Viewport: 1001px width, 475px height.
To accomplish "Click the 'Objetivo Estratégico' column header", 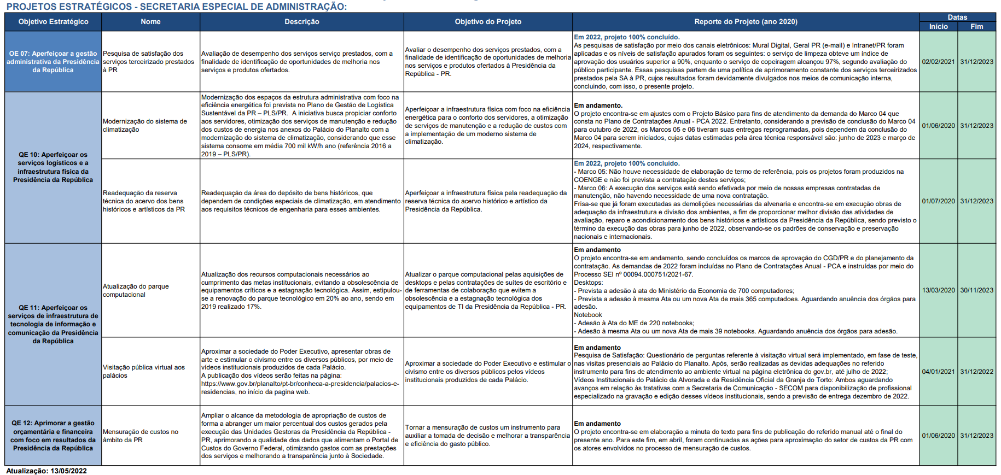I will (53, 22).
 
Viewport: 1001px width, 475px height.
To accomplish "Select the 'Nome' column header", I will (150, 22).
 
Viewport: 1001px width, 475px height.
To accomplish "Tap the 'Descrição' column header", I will (301, 22).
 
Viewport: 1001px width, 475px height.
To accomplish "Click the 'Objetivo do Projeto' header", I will (488, 22).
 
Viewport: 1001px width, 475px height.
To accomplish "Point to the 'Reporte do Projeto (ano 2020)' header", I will (746, 22).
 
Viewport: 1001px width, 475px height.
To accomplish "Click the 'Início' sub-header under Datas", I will (938, 26).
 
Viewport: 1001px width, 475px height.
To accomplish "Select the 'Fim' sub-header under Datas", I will (976, 26).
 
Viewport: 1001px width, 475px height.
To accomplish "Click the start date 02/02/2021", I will (938, 62).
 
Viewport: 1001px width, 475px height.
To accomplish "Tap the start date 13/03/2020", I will (938, 290).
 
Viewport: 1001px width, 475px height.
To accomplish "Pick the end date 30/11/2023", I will (976, 290).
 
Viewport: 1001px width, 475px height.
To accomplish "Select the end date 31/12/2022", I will (976, 372).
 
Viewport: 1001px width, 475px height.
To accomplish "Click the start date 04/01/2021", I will (938, 372).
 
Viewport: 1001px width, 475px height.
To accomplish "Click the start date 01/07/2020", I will (938, 201).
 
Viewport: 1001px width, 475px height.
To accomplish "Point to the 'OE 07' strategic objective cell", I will (53, 62).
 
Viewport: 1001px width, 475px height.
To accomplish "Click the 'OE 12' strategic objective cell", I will (53, 436).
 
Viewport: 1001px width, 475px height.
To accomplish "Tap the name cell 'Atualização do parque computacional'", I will (136, 290).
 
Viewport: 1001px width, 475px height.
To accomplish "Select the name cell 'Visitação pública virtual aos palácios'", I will (143, 372).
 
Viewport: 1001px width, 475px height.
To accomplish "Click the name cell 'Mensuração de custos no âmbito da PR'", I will (140, 436).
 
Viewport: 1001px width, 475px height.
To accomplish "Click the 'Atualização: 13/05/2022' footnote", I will (46, 471).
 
